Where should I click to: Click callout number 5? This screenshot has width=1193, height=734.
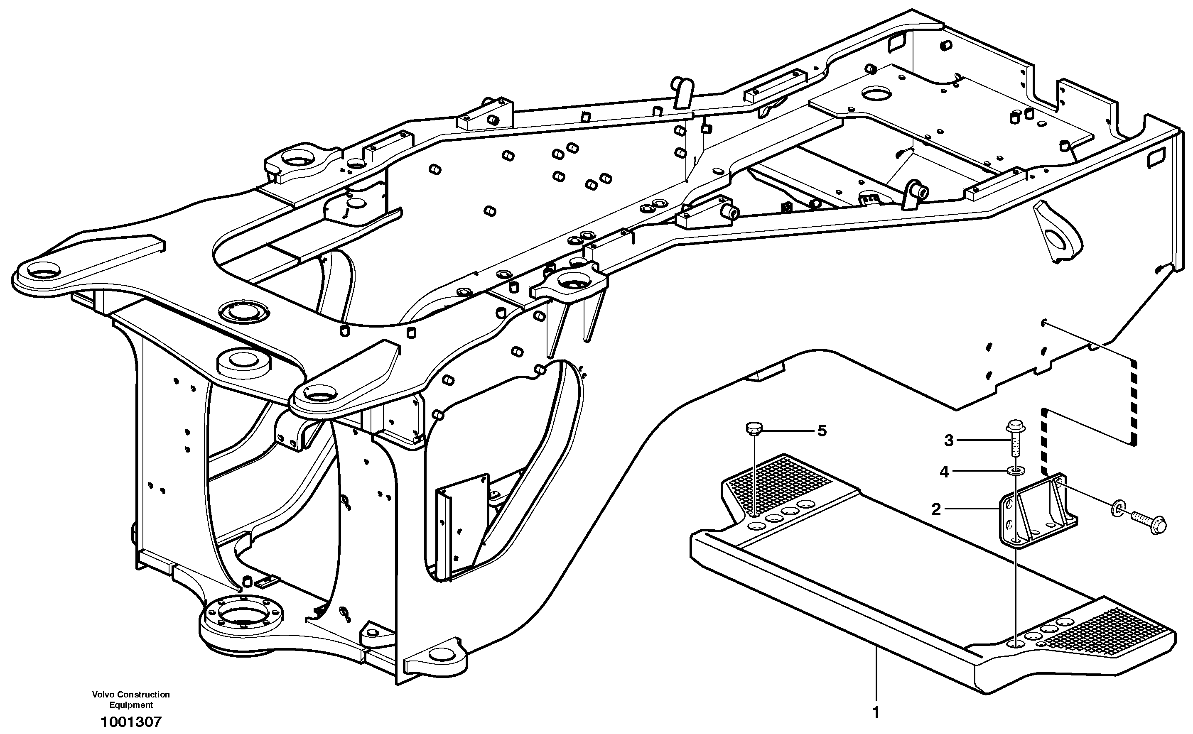(x=822, y=431)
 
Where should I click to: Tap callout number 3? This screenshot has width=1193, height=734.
(x=949, y=440)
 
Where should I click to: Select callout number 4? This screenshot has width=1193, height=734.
(x=944, y=471)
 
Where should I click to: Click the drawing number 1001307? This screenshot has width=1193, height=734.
(x=131, y=722)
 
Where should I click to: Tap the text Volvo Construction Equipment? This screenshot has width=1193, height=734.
(x=131, y=700)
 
